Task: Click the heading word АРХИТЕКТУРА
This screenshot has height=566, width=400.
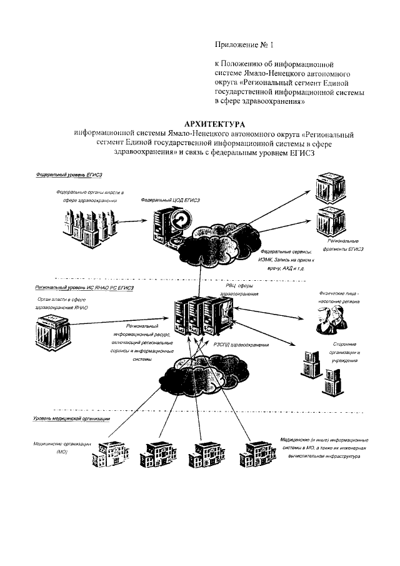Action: tap(216, 124)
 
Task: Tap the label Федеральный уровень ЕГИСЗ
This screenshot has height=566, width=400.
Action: tap(69, 176)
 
